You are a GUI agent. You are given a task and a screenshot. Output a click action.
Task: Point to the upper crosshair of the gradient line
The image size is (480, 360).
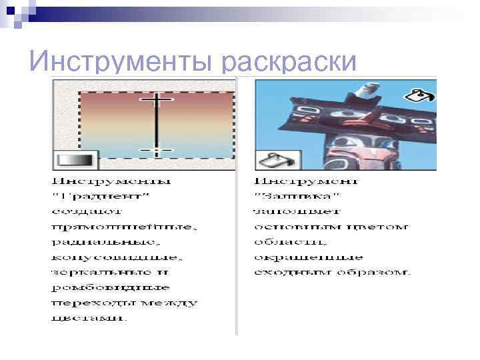pos(156,99)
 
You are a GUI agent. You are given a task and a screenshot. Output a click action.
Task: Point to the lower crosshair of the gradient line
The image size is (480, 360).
pos(156,150)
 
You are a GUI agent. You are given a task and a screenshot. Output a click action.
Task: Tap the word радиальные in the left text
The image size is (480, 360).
pos(105,241)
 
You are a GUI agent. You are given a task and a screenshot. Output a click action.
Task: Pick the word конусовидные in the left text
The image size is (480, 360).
pos(116,257)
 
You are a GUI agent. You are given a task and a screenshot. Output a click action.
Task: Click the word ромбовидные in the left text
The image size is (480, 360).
pos(110,287)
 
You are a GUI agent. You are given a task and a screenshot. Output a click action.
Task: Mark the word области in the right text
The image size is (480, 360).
pos(286,241)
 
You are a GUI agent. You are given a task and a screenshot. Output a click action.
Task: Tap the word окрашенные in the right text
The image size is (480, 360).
pos(308,257)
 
